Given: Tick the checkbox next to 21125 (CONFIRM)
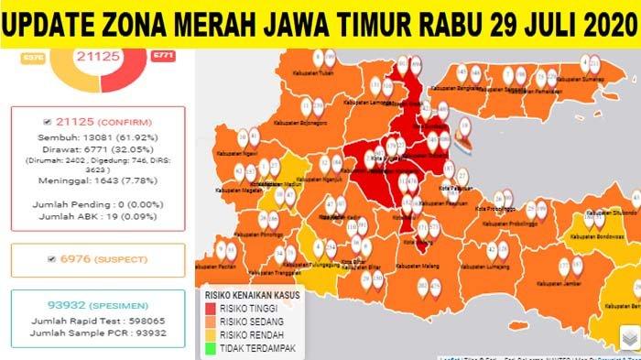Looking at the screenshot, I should pyautogui.click(x=48, y=121).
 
